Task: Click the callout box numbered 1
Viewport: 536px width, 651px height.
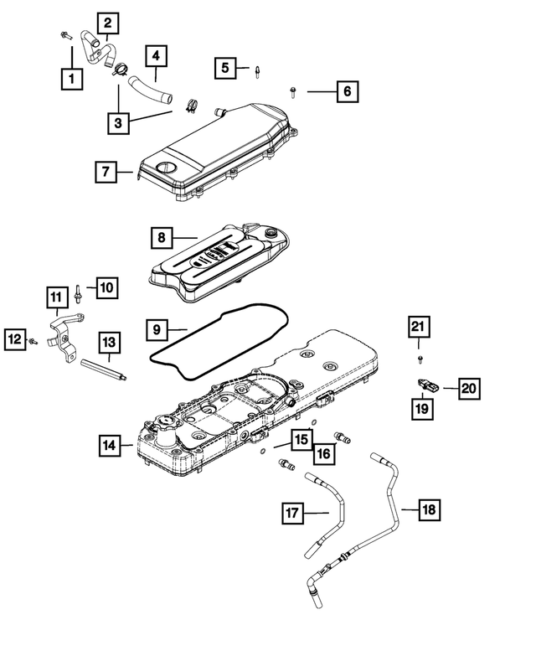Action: click(x=73, y=80)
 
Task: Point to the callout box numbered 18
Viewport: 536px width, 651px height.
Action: click(x=427, y=509)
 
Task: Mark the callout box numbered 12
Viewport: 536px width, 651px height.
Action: click(x=14, y=338)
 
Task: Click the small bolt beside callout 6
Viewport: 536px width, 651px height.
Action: click(x=291, y=89)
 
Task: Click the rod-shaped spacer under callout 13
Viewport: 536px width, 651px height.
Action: click(x=105, y=369)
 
